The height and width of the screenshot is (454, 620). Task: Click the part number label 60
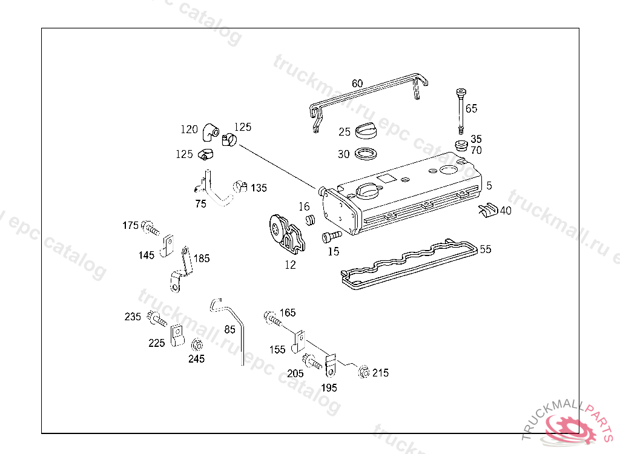(x=357, y=83)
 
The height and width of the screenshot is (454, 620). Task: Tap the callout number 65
(x=471, y=108)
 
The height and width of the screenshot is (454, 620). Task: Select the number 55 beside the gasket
(x=486, y=249)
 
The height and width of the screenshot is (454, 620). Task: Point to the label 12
(x=291, y=265)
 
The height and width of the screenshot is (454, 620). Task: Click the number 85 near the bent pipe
(x=230, y=330)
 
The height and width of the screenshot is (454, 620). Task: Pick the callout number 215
(x=380, y=373)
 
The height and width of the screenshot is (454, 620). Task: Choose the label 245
(x=196, y=358)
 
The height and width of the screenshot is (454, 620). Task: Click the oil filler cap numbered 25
(x=366, y=130)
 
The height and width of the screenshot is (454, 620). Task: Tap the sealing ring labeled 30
(x=366, y=154)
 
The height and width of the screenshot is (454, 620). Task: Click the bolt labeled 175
(x=150, y=228)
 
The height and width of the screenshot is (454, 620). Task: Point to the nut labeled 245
(x=196, y=345)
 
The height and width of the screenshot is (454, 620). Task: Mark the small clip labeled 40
(x=488, y=209)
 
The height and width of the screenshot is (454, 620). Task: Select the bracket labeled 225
(x=176, y=335)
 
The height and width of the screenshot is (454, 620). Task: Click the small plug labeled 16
(x=311, y=220)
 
